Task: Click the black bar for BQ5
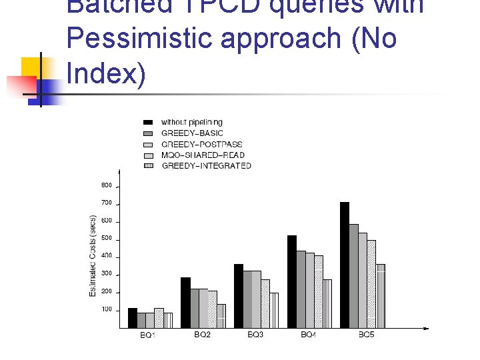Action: [x=345, y=265]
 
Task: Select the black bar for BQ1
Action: [x=132, y=318]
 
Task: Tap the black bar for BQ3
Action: [x=238, y=296]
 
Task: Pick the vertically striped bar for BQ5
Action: [x=380, y=296]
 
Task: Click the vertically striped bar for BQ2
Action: [x=221, y=316]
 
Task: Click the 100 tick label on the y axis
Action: [x=107, y=310]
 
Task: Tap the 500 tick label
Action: [x=107, y=238]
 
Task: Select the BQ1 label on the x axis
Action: [x=147, y=335]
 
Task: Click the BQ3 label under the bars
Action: [x=255, y=335]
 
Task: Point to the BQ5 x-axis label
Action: [x=366, y=335]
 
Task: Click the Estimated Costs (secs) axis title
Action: [x=93, y=256]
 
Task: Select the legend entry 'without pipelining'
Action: [x=191, y=123]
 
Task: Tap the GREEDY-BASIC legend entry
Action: [x=192, y=133]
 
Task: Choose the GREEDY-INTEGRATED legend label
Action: [x=206, y=165]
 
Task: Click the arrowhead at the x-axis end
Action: [x=425, y=328]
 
